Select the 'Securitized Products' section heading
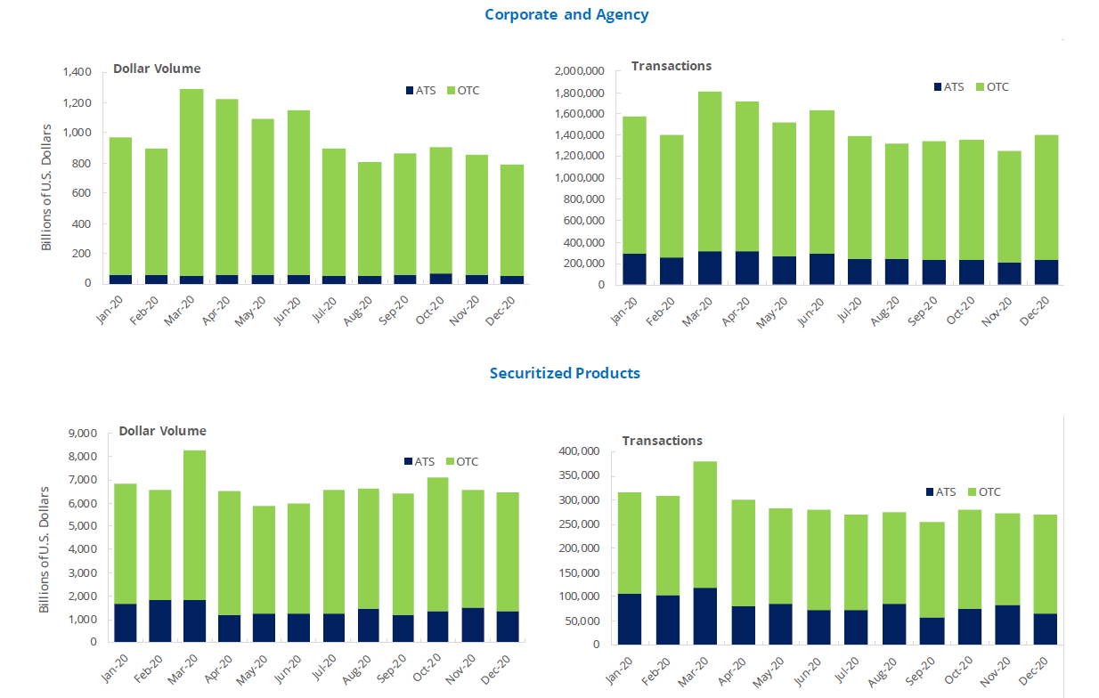(x=565, y=373)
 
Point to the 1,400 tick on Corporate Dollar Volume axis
(x=77, y=72)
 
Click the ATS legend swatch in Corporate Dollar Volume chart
(x=409, y=91)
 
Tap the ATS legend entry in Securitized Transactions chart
(x=940, y=491)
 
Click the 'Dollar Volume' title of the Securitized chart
(x=162, y=431)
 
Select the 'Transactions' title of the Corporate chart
(x=671, y=66)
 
